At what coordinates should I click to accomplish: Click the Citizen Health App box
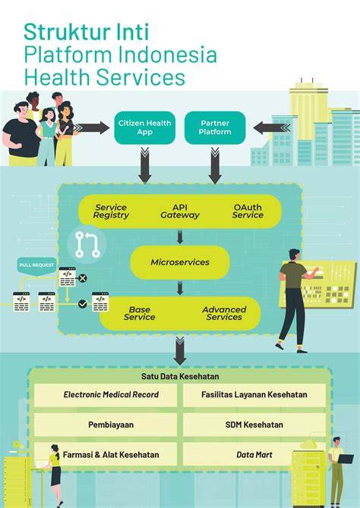(145, 127)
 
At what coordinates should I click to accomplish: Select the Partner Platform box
(215, 127)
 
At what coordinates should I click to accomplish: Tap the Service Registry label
(111, 212)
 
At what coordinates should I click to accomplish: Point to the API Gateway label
(180, 212)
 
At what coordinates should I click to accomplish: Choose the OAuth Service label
(248, 212)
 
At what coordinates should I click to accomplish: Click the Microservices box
(180, 262)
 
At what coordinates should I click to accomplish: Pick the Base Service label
(139, 313)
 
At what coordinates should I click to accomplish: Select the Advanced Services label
(224, 313)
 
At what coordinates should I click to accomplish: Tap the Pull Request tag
(36, 266)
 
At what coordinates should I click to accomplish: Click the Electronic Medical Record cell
(106, 395)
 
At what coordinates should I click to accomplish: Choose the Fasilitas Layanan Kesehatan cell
(254, 395)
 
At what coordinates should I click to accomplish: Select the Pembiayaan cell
(106, 425)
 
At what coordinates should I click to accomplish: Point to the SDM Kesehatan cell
(254, 425)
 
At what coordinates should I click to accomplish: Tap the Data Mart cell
(254, 454)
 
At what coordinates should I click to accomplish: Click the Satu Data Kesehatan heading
(180, 377)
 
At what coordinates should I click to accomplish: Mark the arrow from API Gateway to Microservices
(180, 237)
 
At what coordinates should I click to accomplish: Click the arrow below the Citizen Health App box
(145, 165)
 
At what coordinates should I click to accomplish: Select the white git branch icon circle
(87, 244)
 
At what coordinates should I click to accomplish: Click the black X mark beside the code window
(83, 278)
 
